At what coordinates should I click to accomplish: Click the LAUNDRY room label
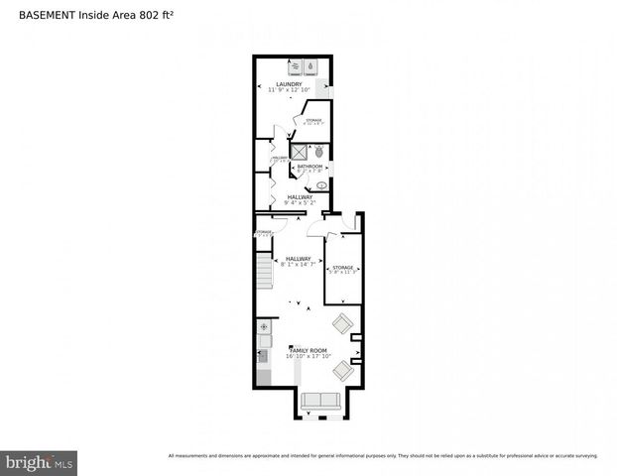[x=290, y=84]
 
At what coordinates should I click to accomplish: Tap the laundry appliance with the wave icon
[x=296, y=66]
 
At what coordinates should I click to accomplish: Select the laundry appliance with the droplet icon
[x=310, y=66]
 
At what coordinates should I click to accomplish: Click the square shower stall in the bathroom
[x=298, y=152]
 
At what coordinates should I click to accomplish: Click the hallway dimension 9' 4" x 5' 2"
[x=300, y=202]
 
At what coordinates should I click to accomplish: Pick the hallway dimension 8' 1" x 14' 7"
[x=299, y=264]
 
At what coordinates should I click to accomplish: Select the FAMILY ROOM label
[x=308, y=351]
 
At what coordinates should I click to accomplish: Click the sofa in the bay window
[x=319, y=401]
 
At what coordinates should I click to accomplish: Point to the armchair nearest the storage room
[x=344, y=322]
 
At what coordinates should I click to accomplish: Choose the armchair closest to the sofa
[x=342, y=370]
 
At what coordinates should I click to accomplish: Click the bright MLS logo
[x=40, y=462]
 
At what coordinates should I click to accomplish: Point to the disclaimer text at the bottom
[x=383, y=456]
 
